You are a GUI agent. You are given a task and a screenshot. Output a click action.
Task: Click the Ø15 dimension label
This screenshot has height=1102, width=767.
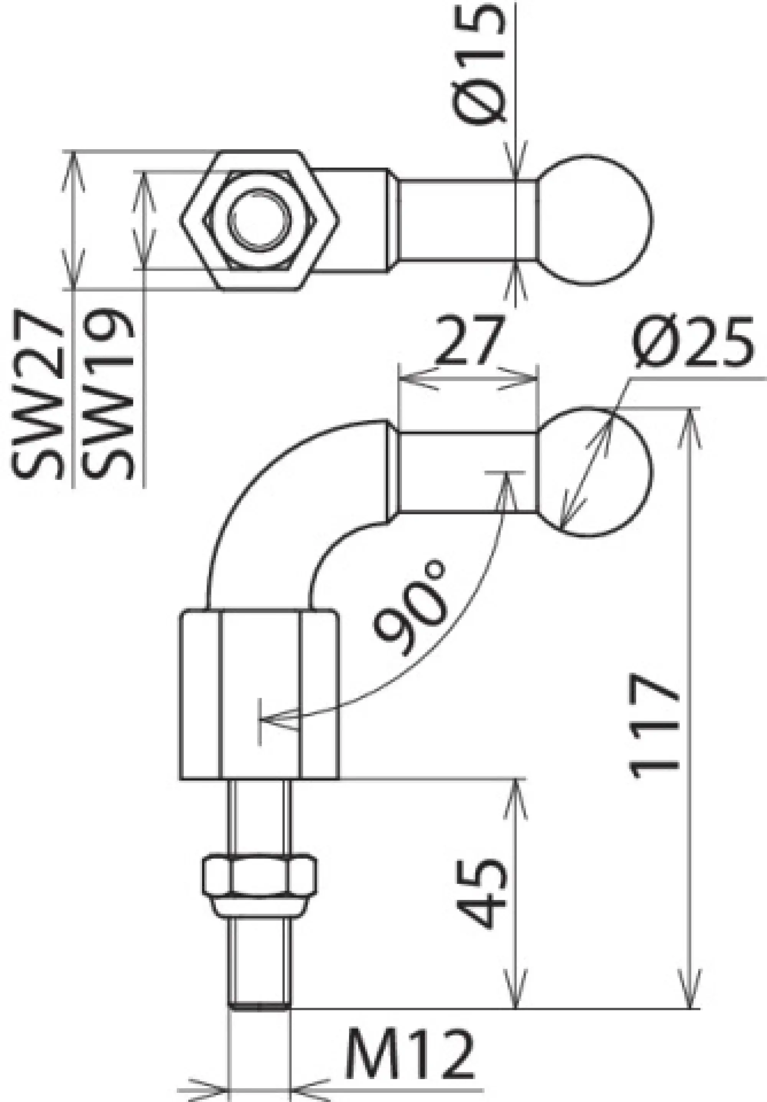pyautogui.click(x=480, y=63)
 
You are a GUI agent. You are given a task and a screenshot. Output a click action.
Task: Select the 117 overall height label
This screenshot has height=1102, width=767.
pyautogui.click(x=654, y=725)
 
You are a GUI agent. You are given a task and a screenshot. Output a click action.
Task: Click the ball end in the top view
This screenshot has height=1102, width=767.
pyautogui.click(x=595, y=221)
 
